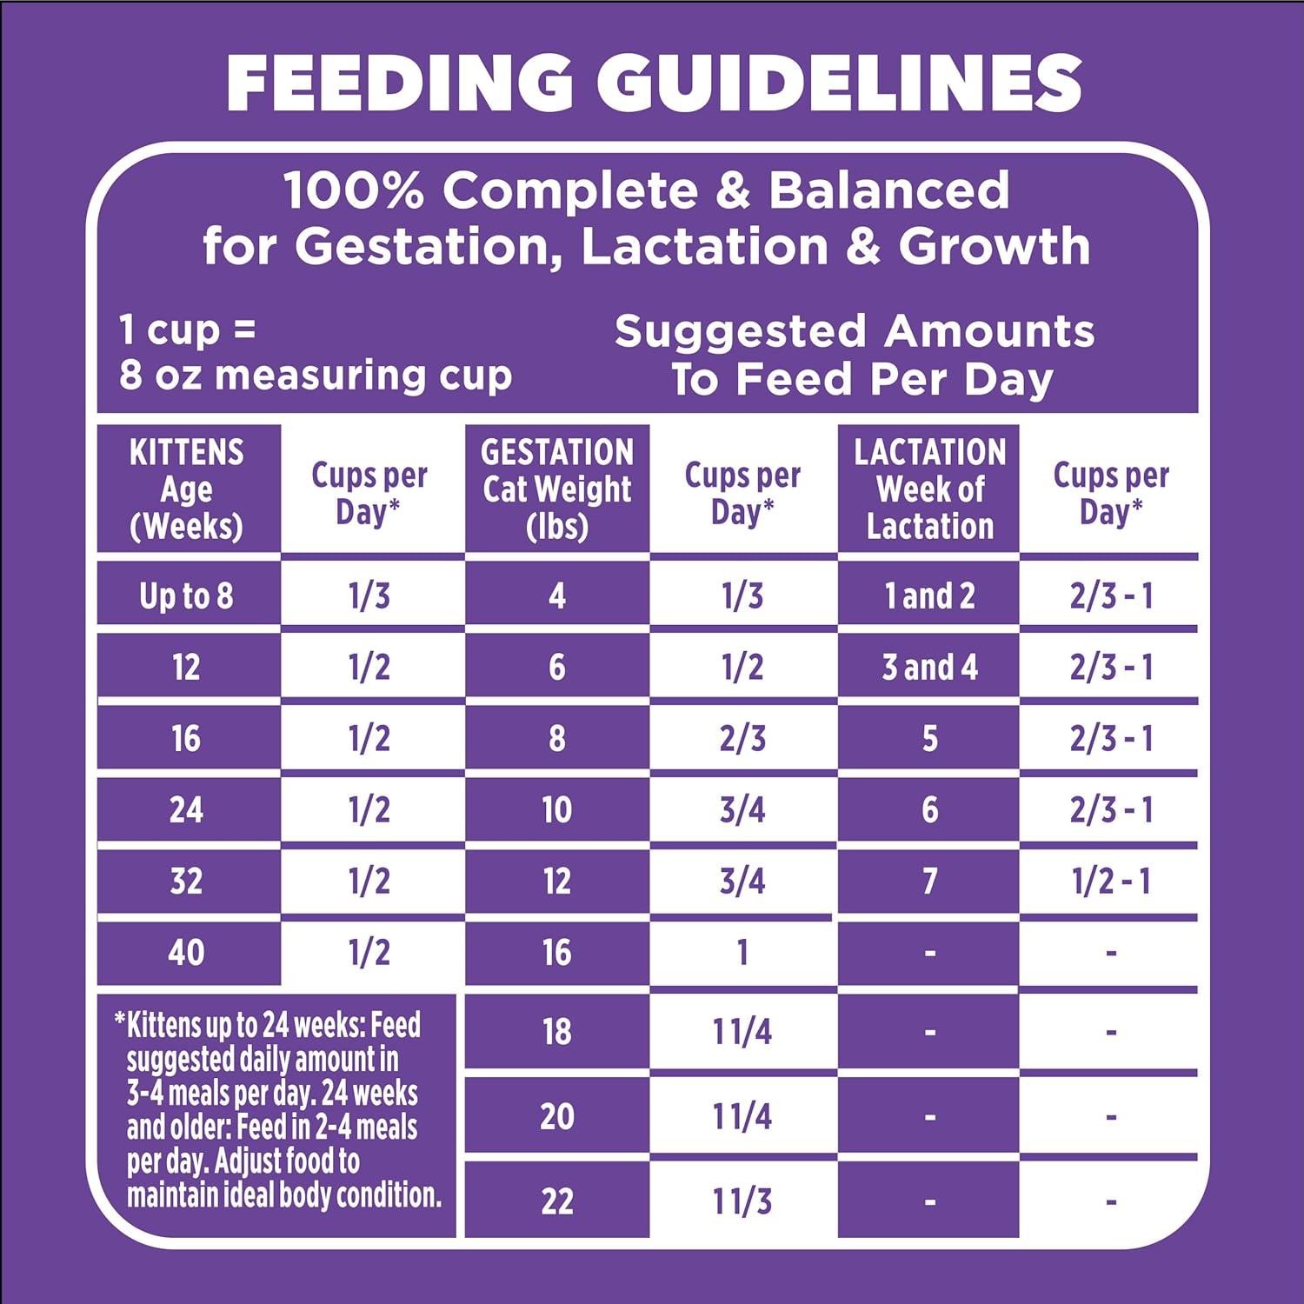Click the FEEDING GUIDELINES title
[x=654, y=83]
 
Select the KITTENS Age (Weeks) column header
[x=187, y=489]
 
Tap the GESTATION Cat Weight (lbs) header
[x=557, y=489]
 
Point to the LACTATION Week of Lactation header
[x=929, y=489]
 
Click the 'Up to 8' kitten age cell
[x=187, y=596]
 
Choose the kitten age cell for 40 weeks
[x=187, y=953]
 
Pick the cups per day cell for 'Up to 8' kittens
[x=369, y=596]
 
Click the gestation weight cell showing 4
[x=557, y=596]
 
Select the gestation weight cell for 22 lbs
[x=557, y=1201]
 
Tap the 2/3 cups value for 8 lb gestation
[x=742, y=739]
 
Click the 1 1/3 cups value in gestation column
[x=742, y=1201]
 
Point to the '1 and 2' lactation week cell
[x=929, y=596]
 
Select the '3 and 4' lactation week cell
[x=929, y=668]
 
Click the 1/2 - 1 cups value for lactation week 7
[x=1111, y=882]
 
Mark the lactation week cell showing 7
[x=929, y=882]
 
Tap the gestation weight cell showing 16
[x=557, y=953]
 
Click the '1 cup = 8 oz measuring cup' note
[x=315, y=353]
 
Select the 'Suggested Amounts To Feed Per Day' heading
[x=855, y=355]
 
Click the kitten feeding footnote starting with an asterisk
[x=276, y=1110]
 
